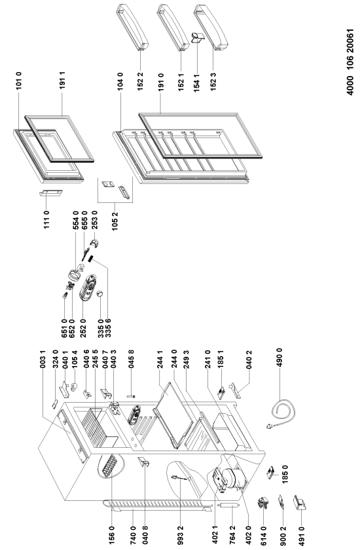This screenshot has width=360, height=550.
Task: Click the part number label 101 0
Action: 19,81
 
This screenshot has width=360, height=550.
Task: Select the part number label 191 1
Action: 63,81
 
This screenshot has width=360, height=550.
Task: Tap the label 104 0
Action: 120,82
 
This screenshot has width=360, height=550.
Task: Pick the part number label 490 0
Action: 279,357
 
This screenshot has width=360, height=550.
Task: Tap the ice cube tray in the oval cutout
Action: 109,466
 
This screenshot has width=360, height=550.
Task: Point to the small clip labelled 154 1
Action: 196,37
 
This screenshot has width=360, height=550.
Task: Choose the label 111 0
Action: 46,220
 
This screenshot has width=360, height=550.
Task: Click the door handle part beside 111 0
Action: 51,194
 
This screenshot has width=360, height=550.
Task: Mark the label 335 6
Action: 108,328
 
